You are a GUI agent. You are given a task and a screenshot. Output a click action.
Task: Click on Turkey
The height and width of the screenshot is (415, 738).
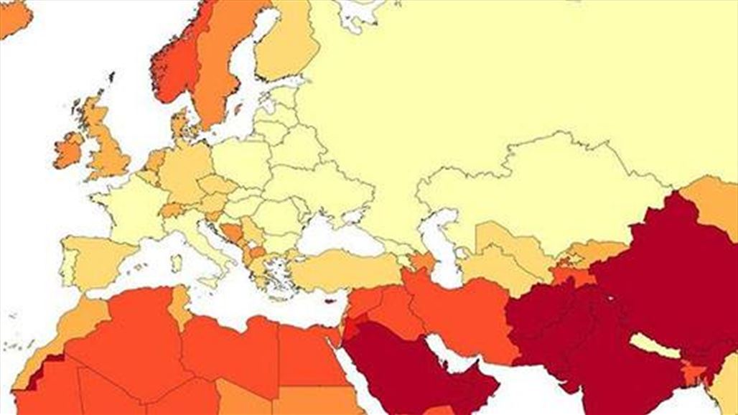pos(345,269)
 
